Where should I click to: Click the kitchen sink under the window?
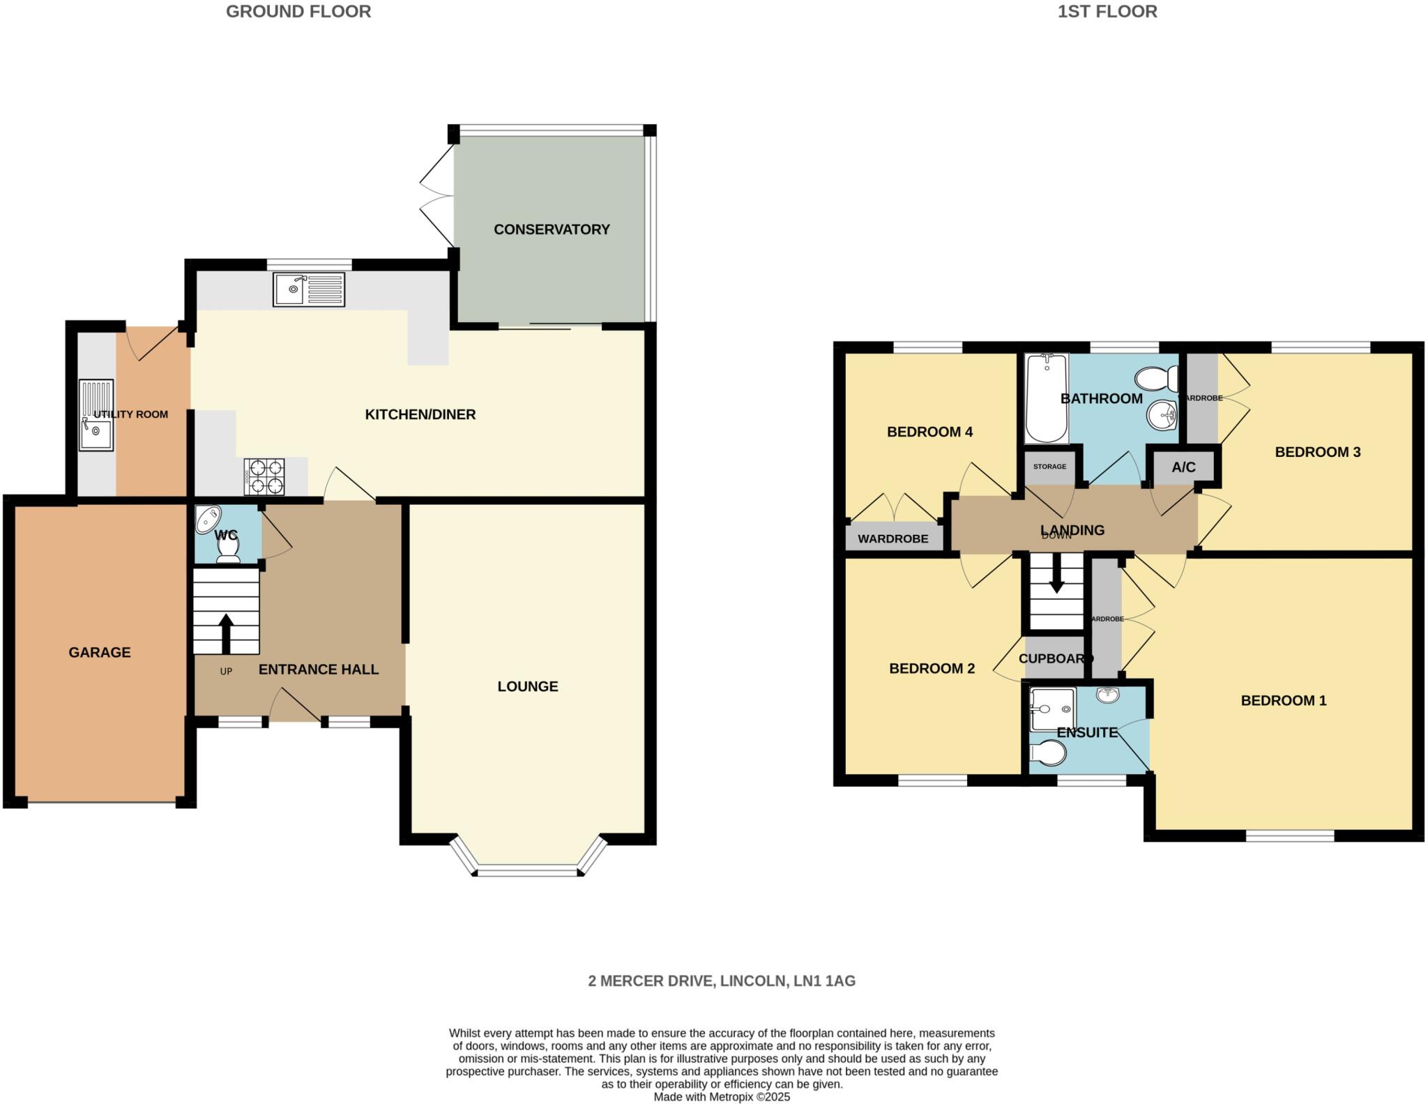pyautogui.click(x=309, y=289)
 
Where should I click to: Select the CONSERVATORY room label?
pyautogui.click(x=552, y=229)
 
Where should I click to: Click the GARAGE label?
pyautogui.click(x=100, y=652)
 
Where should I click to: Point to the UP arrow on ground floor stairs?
pyautogui.click(x=226, y=631)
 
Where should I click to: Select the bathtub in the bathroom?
pyautogui.click(x=1046, y=398)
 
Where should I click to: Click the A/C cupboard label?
pyautogui.click(x=1183, y=467)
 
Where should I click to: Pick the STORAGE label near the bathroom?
pyautogui.click(x=1049, y=467)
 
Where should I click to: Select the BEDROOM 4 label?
pyautogui.click(x=929, y=432)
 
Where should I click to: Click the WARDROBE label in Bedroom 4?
pyautogui.click(x=892, y=538)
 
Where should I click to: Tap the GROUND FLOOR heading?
pyautogui.click(x=298, y=11)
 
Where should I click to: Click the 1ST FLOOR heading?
pyautogui.click(x=1107, y=11)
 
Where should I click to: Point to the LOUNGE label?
pyautogui.click(x=527, y=686)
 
